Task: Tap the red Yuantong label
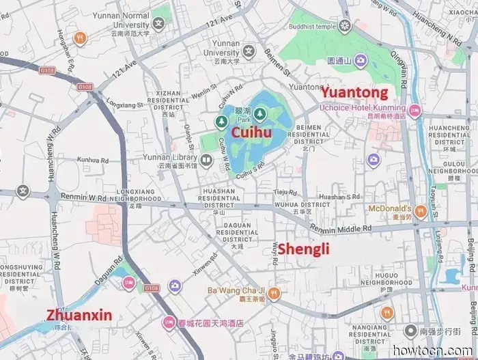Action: click(354, 92)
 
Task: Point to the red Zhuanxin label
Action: click(79, 315)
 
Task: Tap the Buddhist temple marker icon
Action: click(345, 26)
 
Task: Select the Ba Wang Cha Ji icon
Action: click(274, 294)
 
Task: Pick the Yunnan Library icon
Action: click(206, 161)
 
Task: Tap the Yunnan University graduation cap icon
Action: click(249, 50)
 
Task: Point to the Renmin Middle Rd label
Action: click(339, 228)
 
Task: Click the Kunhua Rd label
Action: click(93, 160)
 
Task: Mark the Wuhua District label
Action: click(302, 204)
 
